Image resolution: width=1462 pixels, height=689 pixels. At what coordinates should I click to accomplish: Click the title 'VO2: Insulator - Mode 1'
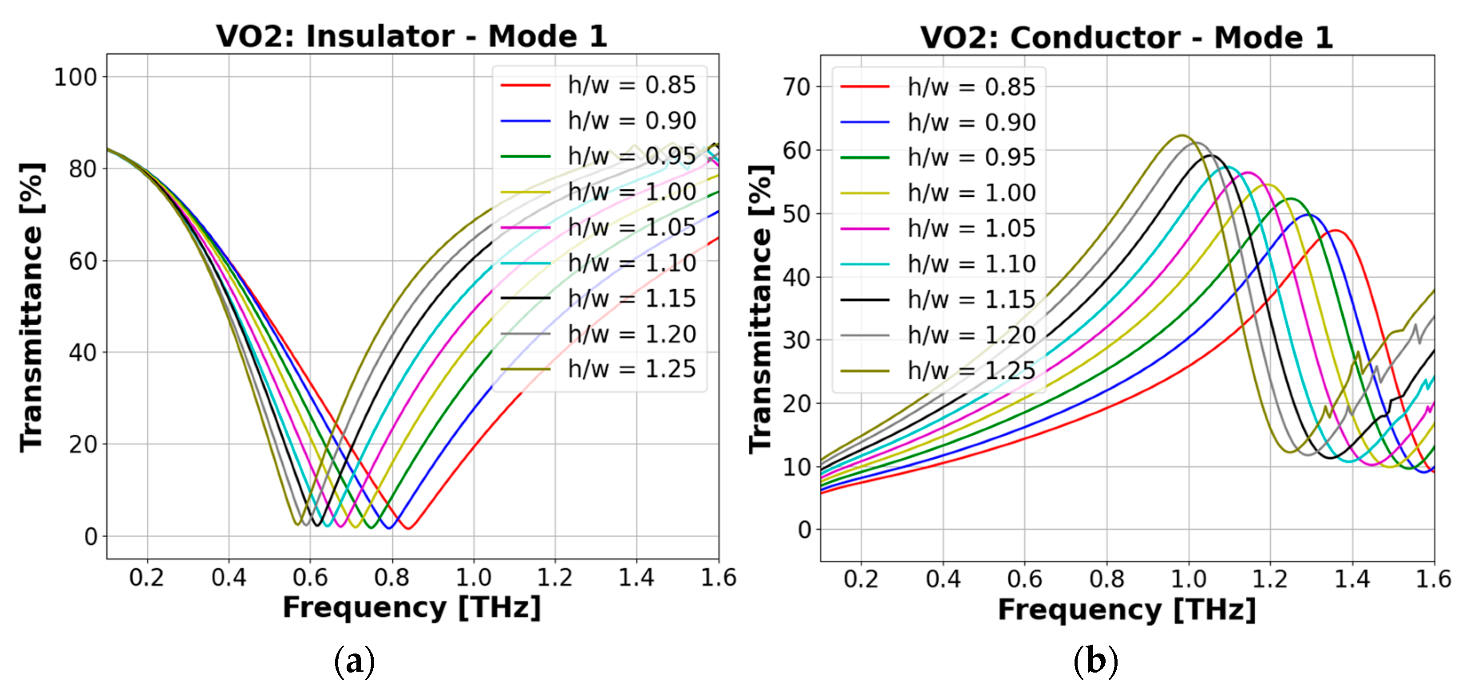pyautogui.click(x=411, y=36)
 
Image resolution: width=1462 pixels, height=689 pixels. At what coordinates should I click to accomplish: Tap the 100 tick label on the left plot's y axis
pyautogui.click(x=75, y=77)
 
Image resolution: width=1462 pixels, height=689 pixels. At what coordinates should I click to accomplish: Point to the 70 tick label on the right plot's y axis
pyautogui.click(x=797, y=87)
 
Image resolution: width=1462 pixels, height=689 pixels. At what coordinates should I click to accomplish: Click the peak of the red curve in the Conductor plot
pyautogui.click(x=1336, y=230)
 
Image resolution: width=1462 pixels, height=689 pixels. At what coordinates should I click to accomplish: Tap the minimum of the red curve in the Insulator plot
pyautogui.click(x=409, y=528)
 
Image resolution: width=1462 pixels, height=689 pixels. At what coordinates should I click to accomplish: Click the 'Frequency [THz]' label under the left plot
pyautogui.click(x=411, y=607)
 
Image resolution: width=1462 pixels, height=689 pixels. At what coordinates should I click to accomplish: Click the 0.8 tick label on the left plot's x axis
pyautogui.click(x=391, y=578)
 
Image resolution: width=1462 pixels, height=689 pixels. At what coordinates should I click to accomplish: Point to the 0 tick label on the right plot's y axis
pyautogui.click(x=804, y=530)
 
